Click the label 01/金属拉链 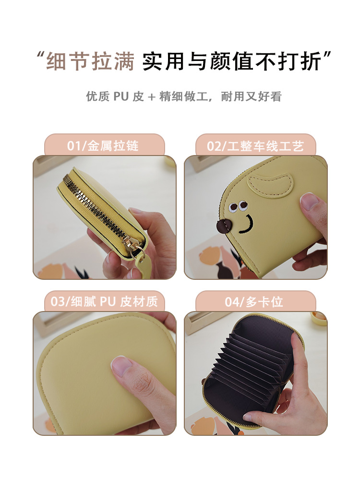103,146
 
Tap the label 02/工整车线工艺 255,146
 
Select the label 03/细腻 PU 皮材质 104,301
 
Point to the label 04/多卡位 254,302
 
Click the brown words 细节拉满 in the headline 90,61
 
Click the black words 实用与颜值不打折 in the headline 231,61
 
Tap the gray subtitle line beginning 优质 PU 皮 184,96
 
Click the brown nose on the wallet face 224,226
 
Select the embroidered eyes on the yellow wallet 238,206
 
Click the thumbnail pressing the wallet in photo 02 310,202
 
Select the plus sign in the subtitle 152,97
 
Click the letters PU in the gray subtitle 121,96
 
